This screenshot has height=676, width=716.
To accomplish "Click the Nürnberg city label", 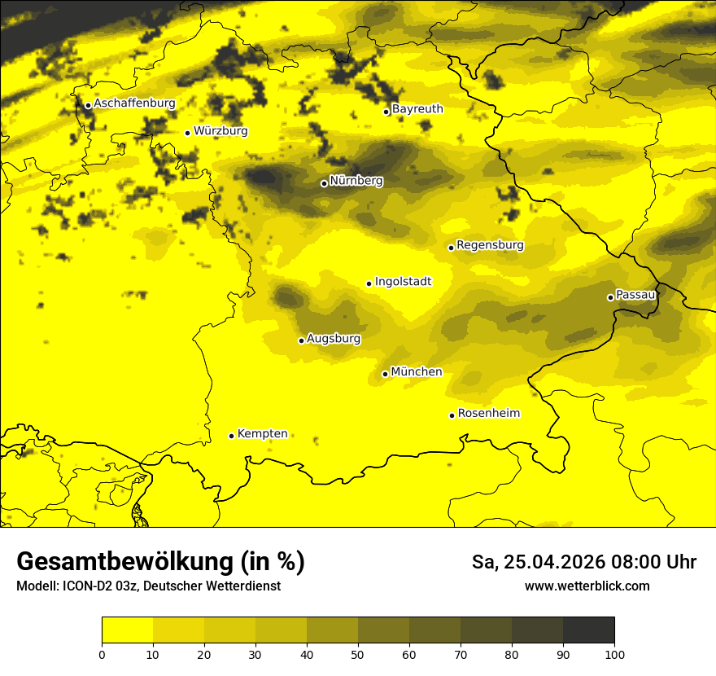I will [x=356, y=181].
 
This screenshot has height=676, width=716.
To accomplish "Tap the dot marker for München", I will [x=385, y=374].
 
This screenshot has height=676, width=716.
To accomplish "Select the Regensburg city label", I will [x=490, y=245].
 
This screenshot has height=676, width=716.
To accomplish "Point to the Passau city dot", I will [x=610, y=297].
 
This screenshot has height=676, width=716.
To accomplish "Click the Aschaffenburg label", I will [x=134, y=103].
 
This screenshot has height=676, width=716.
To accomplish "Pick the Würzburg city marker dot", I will [x=187, y=133].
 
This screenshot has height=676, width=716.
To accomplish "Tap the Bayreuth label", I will [x=417, y=109].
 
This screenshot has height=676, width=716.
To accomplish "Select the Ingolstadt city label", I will [x=403, y=282].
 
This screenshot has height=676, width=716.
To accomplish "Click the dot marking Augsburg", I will [x=301, y=340].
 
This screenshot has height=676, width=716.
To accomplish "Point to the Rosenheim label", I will [x=488, y=414].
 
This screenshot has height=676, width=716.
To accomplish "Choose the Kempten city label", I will [x=262, y=434].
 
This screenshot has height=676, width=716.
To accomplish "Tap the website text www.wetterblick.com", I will [x=587, y=586].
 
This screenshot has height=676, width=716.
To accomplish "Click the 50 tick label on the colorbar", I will [x=358, y=654].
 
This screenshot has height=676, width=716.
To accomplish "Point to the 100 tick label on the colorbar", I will [x=614, y=654].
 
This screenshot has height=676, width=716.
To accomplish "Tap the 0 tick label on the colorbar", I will [x=102, y=654].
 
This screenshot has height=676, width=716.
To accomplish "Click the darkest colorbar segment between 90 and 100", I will [x=588, y=630].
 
